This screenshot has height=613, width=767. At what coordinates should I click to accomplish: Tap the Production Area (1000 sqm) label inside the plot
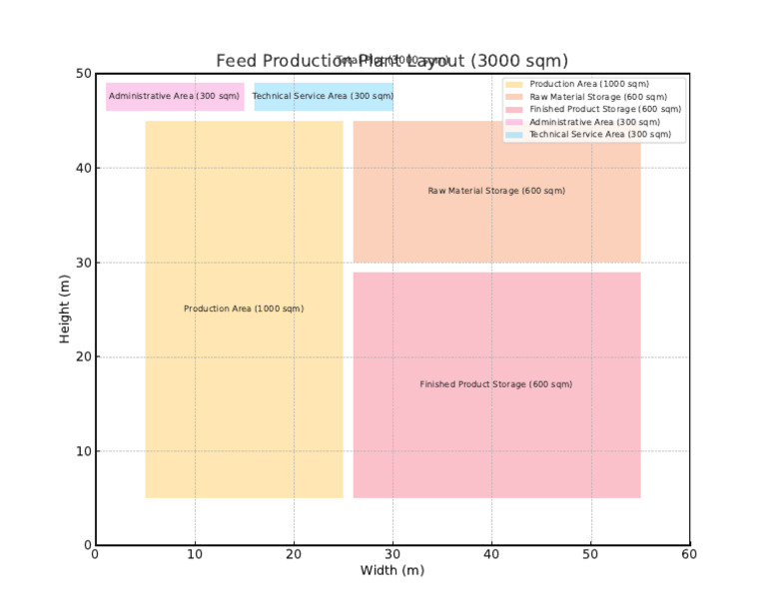pyautogui.click(x=244, y=308)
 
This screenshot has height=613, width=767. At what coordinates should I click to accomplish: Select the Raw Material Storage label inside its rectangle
pyautogui.click(x=496, y=191)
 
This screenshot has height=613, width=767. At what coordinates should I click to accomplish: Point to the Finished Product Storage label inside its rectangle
pyautogui.click(x=496, y=384)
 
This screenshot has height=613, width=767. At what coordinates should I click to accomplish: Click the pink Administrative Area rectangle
pyautogui.click(x=175, y=96)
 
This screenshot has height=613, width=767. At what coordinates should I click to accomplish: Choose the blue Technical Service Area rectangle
pyautogui.click(x=324, y=96)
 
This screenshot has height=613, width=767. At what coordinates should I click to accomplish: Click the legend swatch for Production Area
pyautogui.click(x=514, y=84)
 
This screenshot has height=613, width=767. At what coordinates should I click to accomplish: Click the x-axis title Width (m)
pyautogui.click(x=392, y=571)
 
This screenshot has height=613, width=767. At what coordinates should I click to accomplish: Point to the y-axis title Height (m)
pyautogui.click(x=65, y=308)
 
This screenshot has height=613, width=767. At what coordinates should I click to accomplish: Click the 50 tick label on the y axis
pyautogui.click(x=81, y=74)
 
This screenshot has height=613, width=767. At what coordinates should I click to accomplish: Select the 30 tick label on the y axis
pyautogui.click(x=81, y=263)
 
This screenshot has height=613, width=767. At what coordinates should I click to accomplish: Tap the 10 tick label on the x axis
pyautogui.click(x=195, y=554)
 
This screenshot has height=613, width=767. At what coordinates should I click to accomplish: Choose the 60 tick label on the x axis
pyautogui.click(x=689, y=554)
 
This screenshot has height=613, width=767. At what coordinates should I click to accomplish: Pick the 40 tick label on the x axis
pyautogui.click(x=491, y=554)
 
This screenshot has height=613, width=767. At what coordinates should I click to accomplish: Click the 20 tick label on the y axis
pyautogui.click(x=81, y=356)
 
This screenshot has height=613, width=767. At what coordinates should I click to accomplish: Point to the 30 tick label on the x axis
pyautogui.click(x=392, y=554)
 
